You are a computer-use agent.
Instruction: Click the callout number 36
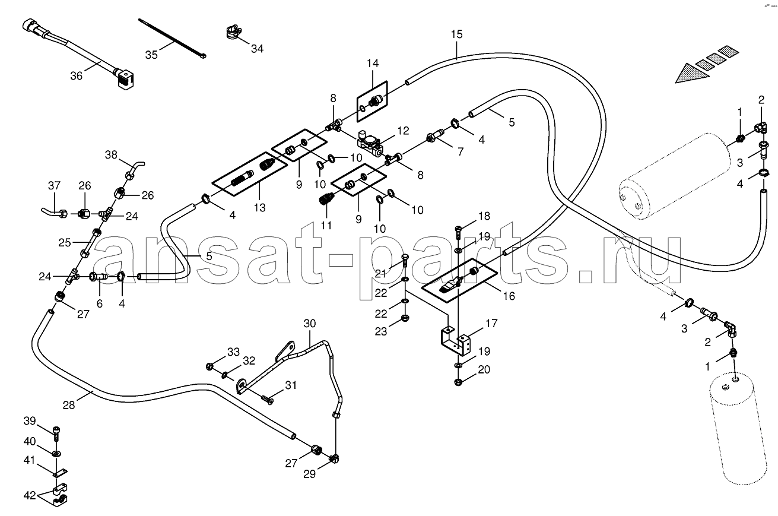(76, 75)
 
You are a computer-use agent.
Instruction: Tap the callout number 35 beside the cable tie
(151, 55)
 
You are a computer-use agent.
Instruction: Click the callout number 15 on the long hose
(456, 34)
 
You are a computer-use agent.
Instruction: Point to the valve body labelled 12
(370, 143)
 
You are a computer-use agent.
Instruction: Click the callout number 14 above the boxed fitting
(372, 63)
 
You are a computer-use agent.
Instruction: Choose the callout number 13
(259, 207)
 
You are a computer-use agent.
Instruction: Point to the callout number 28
(69, 405)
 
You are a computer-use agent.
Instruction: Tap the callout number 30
(310, 324)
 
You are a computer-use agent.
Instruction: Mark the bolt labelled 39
(56, 432)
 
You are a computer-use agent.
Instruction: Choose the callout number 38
(112, 154)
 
